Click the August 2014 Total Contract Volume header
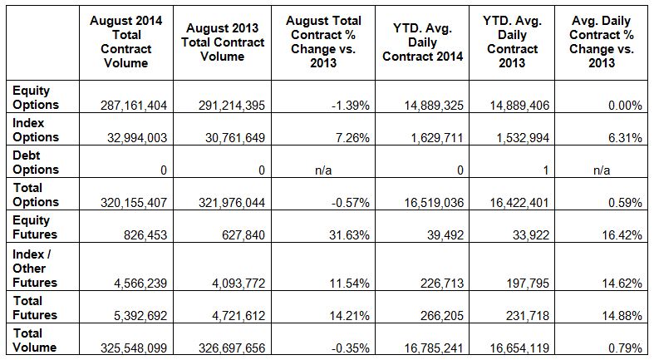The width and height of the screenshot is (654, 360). tap(127, 42)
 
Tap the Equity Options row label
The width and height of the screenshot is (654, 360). tap(35, 98)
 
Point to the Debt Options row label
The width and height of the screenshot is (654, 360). tap(35, 162)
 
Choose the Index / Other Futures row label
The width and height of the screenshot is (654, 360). tap(35, 268)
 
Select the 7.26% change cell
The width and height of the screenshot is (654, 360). tap(349, 138)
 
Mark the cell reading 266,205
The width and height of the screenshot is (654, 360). tap(441, 316)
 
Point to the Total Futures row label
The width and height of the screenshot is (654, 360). tap(35, 308)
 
